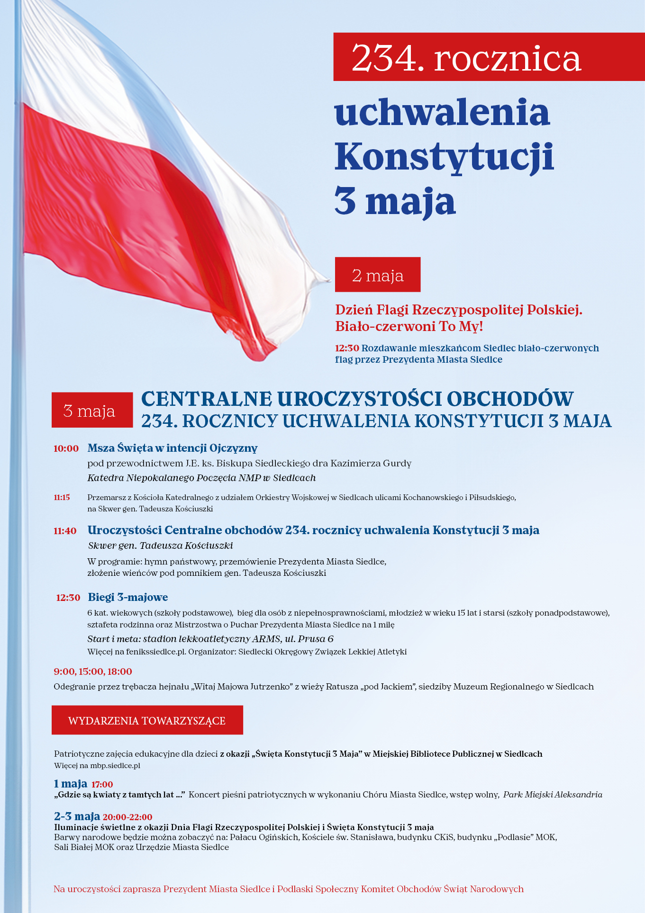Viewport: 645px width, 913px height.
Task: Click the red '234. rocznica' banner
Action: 488,57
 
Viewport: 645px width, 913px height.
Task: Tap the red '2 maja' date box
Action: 378,275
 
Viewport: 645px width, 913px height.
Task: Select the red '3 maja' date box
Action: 92,410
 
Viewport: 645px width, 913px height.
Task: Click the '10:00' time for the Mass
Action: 66,448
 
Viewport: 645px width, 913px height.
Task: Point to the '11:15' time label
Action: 62,497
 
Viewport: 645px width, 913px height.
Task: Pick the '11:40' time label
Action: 65,531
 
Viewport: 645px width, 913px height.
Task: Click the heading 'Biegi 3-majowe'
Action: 128,597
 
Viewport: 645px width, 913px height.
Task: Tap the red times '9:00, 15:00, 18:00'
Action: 93,671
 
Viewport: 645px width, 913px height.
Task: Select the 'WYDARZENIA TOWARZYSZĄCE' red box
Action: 147,720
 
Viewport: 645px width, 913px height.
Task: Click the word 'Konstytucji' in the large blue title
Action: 444,157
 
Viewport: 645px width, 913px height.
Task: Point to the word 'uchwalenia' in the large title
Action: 442,113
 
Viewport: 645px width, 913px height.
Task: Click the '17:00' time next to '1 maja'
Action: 102,784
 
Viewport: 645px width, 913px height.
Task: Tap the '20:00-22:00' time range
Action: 127,817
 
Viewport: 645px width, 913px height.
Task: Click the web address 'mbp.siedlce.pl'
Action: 115,765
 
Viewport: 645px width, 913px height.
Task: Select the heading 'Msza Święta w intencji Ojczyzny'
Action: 173,448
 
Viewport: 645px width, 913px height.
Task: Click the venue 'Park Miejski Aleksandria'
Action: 553,795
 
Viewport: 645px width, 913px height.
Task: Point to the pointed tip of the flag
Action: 328,280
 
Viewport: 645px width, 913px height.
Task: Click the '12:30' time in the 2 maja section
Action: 347,348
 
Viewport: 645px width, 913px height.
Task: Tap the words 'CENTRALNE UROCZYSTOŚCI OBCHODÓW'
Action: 357,399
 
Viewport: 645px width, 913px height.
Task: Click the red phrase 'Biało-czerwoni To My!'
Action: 409,326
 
